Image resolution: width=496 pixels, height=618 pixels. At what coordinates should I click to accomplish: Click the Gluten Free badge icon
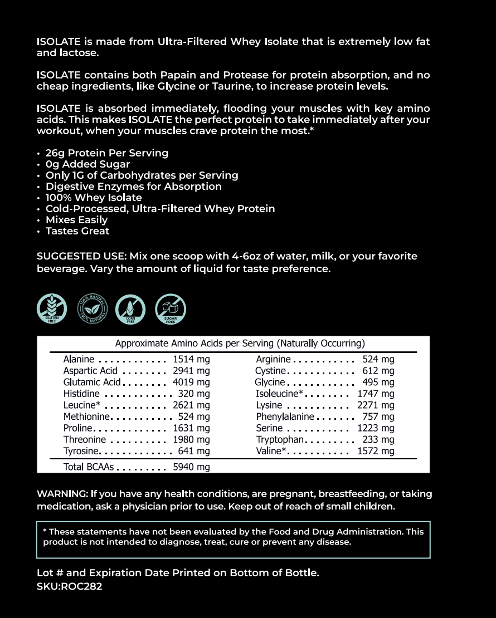coord(52,309)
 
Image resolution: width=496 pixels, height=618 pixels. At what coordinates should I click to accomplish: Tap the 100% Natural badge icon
coord(92,309)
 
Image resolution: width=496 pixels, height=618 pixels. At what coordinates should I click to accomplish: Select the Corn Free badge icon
coord(130,309)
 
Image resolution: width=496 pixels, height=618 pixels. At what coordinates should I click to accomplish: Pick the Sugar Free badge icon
coord(171,309)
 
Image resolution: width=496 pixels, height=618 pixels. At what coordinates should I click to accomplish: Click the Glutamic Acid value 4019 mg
coord(191,382)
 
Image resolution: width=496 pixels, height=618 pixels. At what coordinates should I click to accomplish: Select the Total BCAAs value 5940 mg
coord(191,467)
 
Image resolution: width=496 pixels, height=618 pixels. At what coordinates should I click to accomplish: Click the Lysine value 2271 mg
coord(376,405)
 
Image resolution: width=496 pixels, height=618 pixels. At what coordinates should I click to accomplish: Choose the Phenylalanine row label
coord(285,417)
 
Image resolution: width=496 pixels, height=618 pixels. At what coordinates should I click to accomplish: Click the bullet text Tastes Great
coord(77,231)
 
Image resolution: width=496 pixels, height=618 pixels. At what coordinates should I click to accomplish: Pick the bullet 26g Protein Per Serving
coord(107,153)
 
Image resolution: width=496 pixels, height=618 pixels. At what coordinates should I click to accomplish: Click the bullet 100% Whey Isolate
coord(94,198)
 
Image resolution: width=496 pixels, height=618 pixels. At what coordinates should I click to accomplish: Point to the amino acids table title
coord(240,344)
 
